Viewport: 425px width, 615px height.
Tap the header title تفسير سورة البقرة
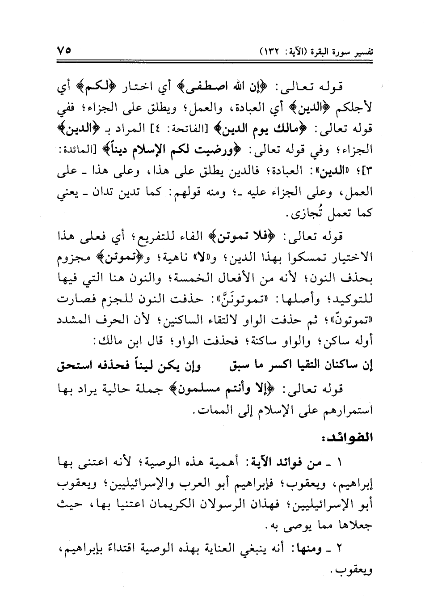(333, 51)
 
